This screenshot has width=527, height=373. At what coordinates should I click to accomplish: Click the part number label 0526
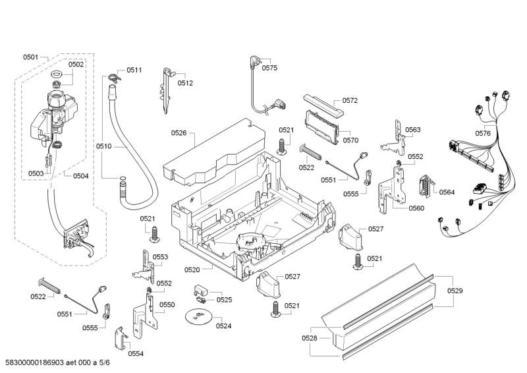(179, 133)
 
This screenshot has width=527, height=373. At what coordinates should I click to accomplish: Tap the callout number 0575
(269, 67)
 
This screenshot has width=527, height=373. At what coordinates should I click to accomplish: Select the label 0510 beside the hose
(104, 146)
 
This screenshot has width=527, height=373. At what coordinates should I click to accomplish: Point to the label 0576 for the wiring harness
(483, 134)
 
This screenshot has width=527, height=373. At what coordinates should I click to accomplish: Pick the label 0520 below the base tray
(192, 270)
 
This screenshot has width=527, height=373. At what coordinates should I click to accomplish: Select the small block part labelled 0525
(202, 290)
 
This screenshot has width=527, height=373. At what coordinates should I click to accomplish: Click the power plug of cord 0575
(254, 62)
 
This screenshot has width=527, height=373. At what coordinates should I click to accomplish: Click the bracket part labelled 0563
(397, 134)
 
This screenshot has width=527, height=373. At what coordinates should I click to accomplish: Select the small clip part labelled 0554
(121, 339)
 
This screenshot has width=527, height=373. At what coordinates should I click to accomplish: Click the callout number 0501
(31, 57)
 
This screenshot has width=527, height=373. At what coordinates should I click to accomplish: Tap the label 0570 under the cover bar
(350, 140)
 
